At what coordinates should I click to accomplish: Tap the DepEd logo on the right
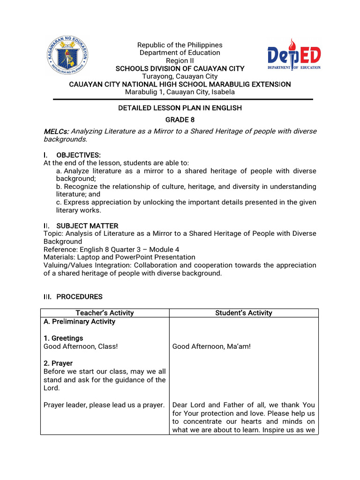point(294,55)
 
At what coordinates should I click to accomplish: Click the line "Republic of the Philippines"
point(180,45)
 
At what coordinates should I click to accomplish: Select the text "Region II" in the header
point(180,61)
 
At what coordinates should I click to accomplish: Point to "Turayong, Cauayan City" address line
point(180,76)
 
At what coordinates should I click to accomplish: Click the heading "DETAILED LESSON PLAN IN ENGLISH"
point(180,108)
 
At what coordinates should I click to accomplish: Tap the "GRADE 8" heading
point(180,120)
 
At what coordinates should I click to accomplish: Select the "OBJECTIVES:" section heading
point(78,155)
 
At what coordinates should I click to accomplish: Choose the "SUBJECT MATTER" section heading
point(87,226)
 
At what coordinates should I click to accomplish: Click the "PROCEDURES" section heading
point(79,297)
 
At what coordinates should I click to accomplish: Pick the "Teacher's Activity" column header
point(105,313)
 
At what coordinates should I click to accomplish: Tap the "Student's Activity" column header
point(243,313)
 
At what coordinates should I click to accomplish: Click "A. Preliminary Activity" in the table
point(79,322)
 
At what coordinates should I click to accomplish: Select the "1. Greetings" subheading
point(63,338)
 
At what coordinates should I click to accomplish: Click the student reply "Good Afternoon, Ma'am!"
point(211,346)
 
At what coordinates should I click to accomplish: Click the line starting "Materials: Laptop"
point(120,257)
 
